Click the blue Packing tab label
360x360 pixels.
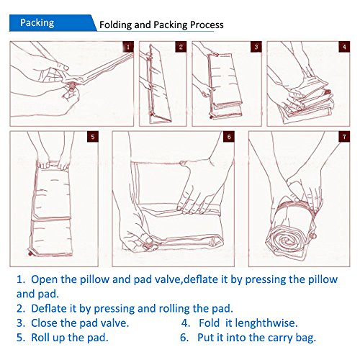[37, 23]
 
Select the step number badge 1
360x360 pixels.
[128, 47]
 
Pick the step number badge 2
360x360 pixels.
[181, 47]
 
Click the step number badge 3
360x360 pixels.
[256, 47]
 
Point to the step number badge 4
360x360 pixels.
[344, 47]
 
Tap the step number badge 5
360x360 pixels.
[93, 137]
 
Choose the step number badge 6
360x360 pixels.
[229, 137]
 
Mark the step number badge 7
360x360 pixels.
[344, 137]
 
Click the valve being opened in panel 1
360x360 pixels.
[72, 86]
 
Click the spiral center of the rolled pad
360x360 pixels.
[286, 240]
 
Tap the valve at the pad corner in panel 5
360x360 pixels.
[30, 253]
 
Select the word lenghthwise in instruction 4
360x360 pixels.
[266, 323]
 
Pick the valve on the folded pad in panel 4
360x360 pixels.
[328, 92]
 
